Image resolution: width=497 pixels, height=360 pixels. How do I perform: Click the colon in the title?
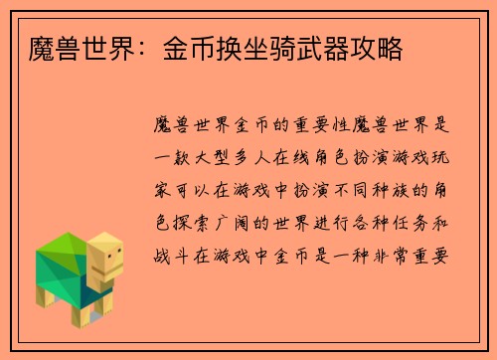point(129,48)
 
